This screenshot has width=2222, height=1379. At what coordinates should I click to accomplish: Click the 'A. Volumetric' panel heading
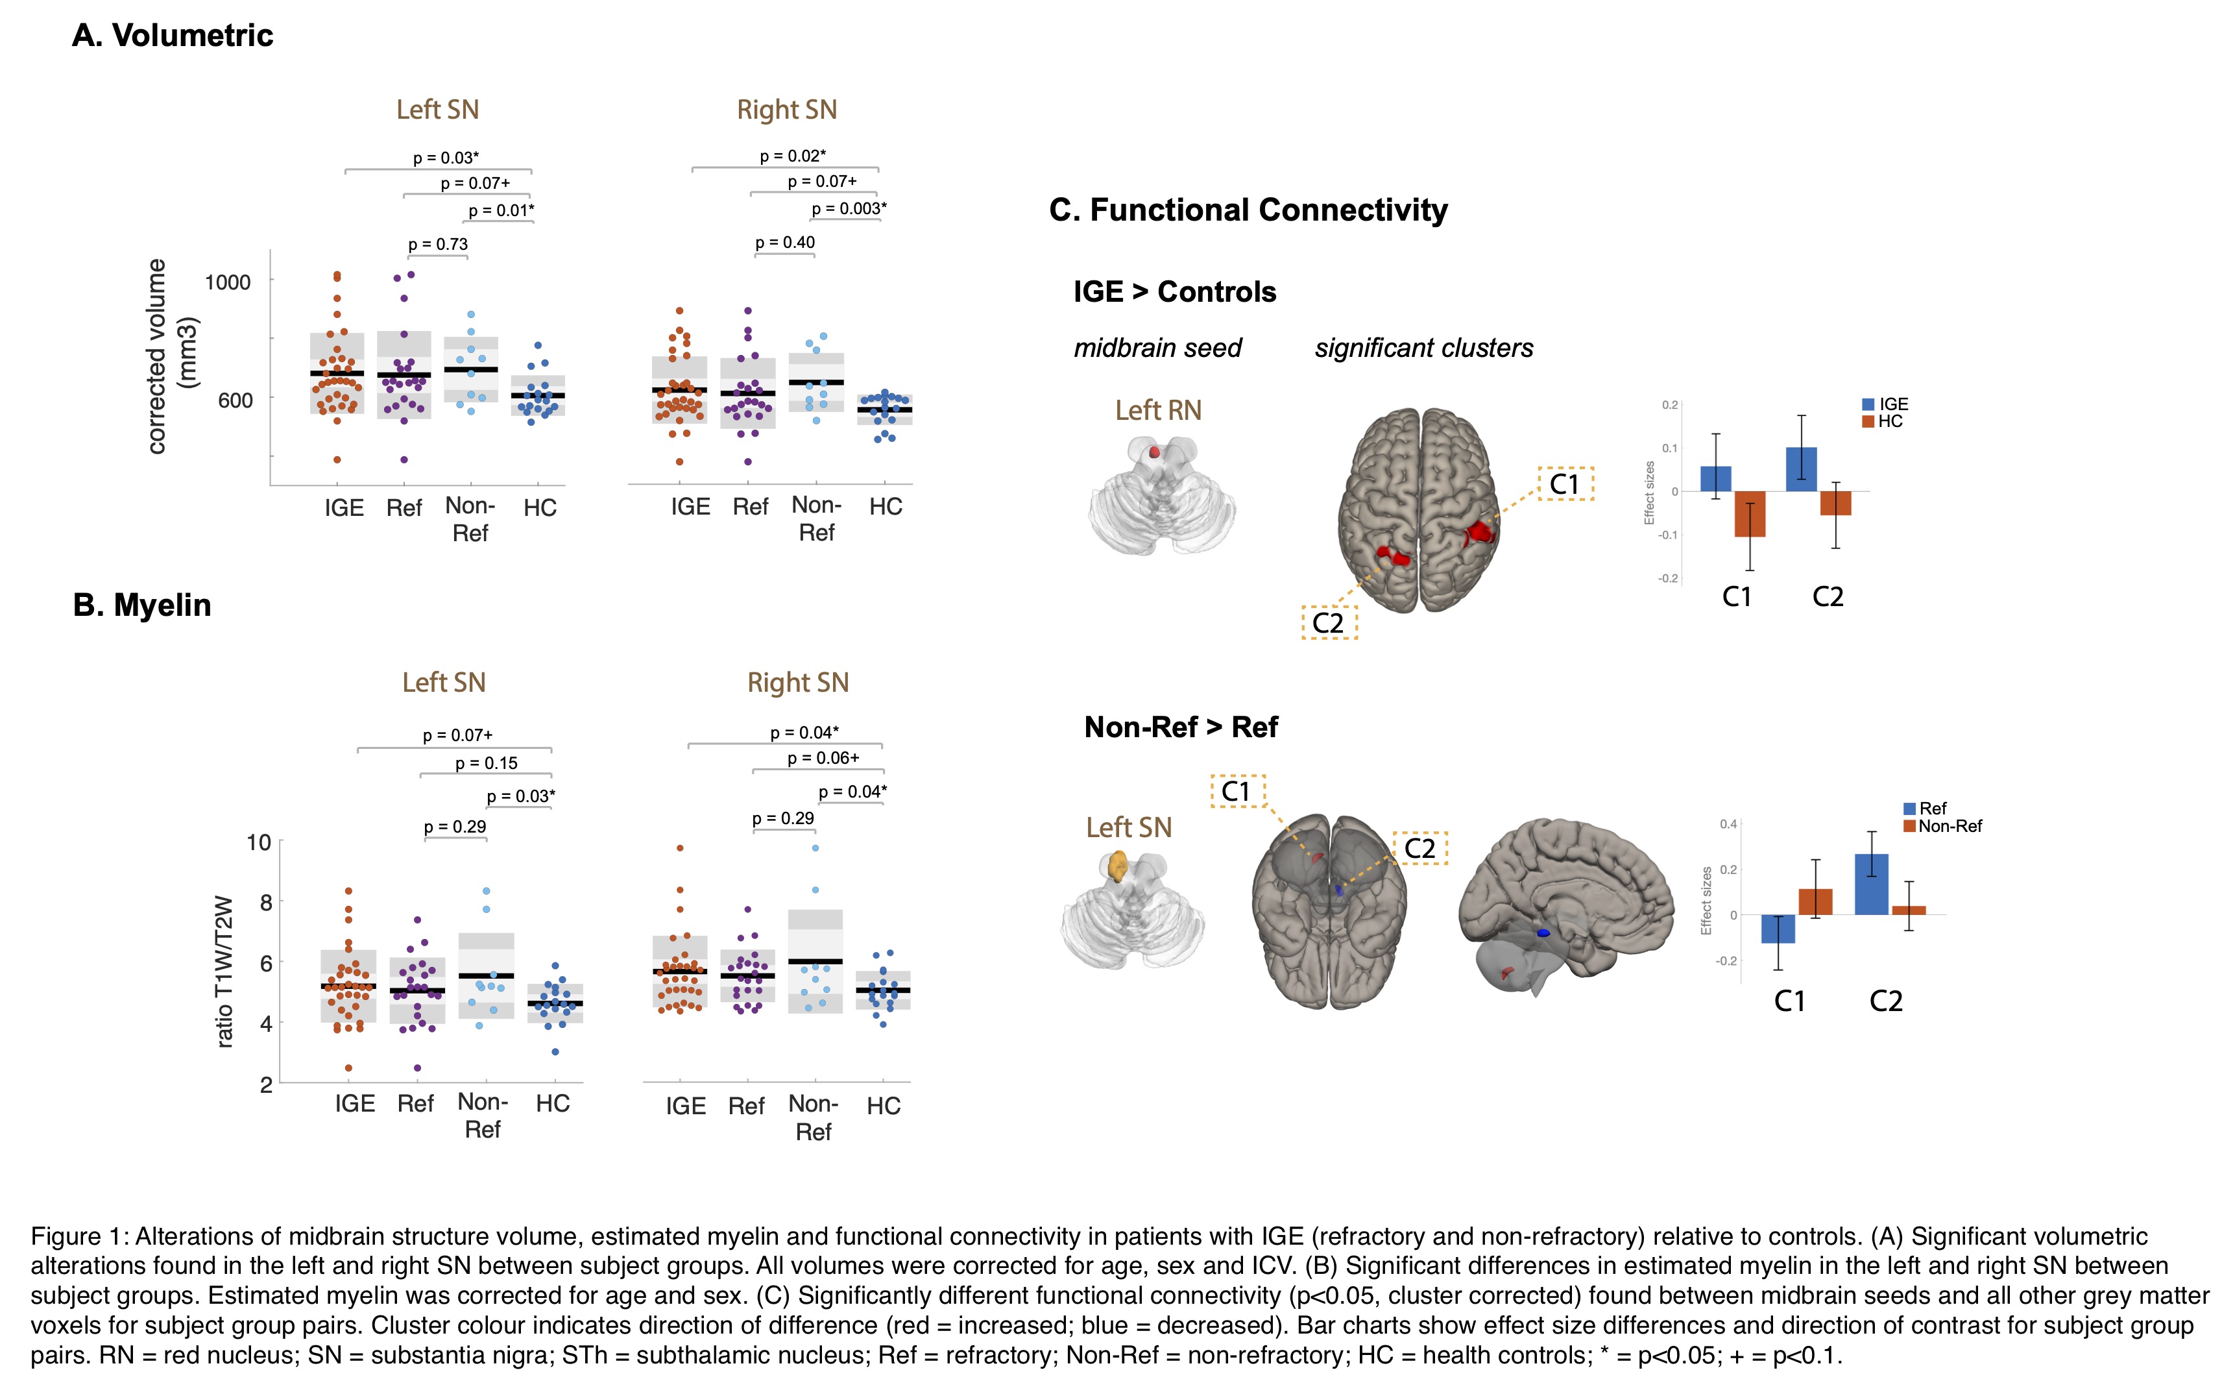(173, 36)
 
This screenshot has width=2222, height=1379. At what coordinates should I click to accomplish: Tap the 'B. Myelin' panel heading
(141, 605)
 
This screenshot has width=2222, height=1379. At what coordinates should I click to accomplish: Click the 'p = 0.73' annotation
(438, 245)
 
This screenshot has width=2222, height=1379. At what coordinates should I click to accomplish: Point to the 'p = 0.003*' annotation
(848, 209)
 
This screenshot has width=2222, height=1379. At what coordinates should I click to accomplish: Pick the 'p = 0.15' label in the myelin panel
(486, 763)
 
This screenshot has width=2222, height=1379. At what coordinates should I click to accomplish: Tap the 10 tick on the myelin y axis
(259, 842)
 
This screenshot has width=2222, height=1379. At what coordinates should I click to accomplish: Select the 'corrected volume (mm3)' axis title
(169, 356)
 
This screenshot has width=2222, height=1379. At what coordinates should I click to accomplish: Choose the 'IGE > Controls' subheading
(1174, 292)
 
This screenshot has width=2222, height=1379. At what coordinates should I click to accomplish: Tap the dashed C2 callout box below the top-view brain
(1329, 623)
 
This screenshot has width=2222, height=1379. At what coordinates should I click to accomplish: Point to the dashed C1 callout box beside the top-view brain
(1565, 483)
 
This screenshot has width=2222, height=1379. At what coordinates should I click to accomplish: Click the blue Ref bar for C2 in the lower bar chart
(1871, 884)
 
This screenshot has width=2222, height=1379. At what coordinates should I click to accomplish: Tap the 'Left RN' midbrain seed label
(1158, 410)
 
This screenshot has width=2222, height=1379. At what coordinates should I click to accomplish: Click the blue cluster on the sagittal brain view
(1543, 933)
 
